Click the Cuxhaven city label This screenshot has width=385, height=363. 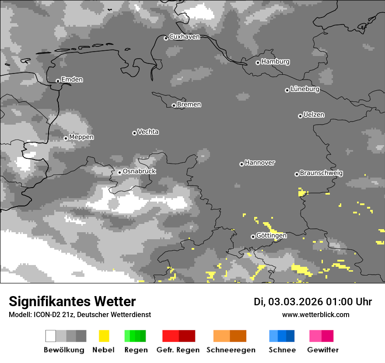184,37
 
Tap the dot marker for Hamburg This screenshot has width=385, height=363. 258,63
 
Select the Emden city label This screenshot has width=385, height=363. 72,80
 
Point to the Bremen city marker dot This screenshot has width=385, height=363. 174,105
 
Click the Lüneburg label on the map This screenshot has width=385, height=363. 305,89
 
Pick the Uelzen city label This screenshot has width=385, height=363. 314,115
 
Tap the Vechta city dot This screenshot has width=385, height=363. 134,133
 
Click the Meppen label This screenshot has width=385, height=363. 81,137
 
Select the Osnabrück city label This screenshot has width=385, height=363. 139,171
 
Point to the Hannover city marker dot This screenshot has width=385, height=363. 241,164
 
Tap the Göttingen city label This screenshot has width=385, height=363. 271,236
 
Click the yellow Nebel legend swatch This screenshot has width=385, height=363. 104,336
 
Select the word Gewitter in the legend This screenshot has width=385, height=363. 323,350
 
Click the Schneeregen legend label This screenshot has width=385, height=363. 231,350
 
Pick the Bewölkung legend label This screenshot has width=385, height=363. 64,350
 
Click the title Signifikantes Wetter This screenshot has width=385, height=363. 72,301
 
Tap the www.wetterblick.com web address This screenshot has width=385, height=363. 316,314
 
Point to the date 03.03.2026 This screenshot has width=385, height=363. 295,302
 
